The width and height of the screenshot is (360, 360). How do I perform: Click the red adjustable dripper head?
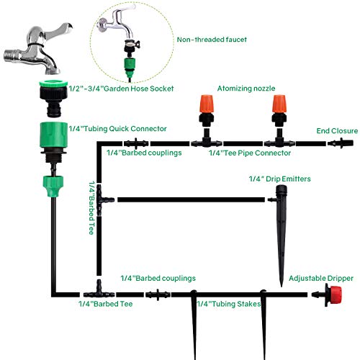pyautogui.click(x=334, y=294)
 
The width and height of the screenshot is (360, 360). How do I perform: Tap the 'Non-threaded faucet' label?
pyautogui.click(x=212, y=40)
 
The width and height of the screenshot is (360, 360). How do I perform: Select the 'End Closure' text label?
pyautogui.click(x=337, y=131)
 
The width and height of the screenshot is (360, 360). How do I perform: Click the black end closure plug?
pyautogui.click(x=341, y=143)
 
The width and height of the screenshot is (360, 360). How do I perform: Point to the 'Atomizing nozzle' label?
pyautogui.click(x=246, y=89)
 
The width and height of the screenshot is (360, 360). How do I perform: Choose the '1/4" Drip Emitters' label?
pyautogui.click(x=280, y=179)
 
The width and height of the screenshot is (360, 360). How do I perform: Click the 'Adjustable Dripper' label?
pyautogui.click(x=321, y=279)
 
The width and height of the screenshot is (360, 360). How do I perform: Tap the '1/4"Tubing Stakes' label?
pyautogui.click(x=229, y=304)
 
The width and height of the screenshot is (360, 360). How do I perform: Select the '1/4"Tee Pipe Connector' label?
pyautogui.click(x=250, y=153)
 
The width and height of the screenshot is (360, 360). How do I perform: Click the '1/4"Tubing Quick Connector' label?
pyautogui.click(x=117, y=129)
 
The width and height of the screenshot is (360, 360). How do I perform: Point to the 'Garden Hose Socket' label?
pyautogui.click(x=138, y=89)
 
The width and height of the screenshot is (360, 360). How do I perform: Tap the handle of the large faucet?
pyautogui.click(x=59, y=30)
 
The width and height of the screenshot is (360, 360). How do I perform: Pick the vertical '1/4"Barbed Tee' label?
pyautogui.click(x=91, y=207)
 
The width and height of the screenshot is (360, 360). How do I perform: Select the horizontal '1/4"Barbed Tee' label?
pyautogui.click(x=105, y=304)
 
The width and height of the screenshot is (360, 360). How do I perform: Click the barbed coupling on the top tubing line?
pyautogui.click(x=136, y=143)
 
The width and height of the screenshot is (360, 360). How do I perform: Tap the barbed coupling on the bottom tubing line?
pyautogui.click(x=158, y=294)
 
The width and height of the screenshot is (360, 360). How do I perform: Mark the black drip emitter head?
pyautogui.click(x=282, y=191)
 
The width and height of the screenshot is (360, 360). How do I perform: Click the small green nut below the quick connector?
pyautogui.click(x=53, y=186)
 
